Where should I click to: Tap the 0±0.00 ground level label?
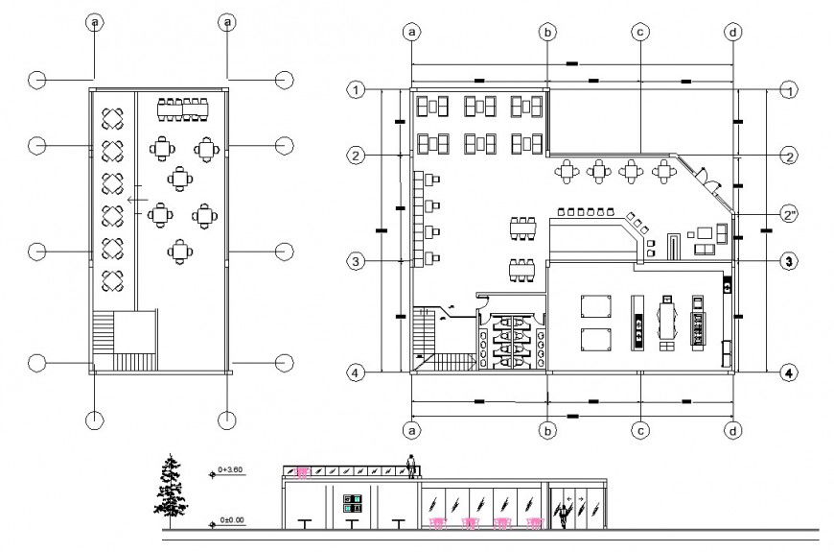pyautogui.click(x=232, y=520)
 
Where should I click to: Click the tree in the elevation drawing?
pyautogui.click(x=170, y=488)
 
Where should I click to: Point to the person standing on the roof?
pyautogui.click(x=412, y=467)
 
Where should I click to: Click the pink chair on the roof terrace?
pyautogui.click(x=303, y=471)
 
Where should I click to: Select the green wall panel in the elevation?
pyautogui.click(x=352, y=501)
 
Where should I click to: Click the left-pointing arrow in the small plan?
pyautogui.click(x=137, y=200)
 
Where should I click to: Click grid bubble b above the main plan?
pyautogui.click(x=547, y=32)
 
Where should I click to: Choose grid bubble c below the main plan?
pyautogui.click(x=639, y=430)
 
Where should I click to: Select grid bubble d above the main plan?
pyautogui.click(x=732, y=32)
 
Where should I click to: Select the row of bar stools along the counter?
pyautogui.click(x=585, y=210)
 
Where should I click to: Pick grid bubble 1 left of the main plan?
pyautogui.click(x=357, y=90)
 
